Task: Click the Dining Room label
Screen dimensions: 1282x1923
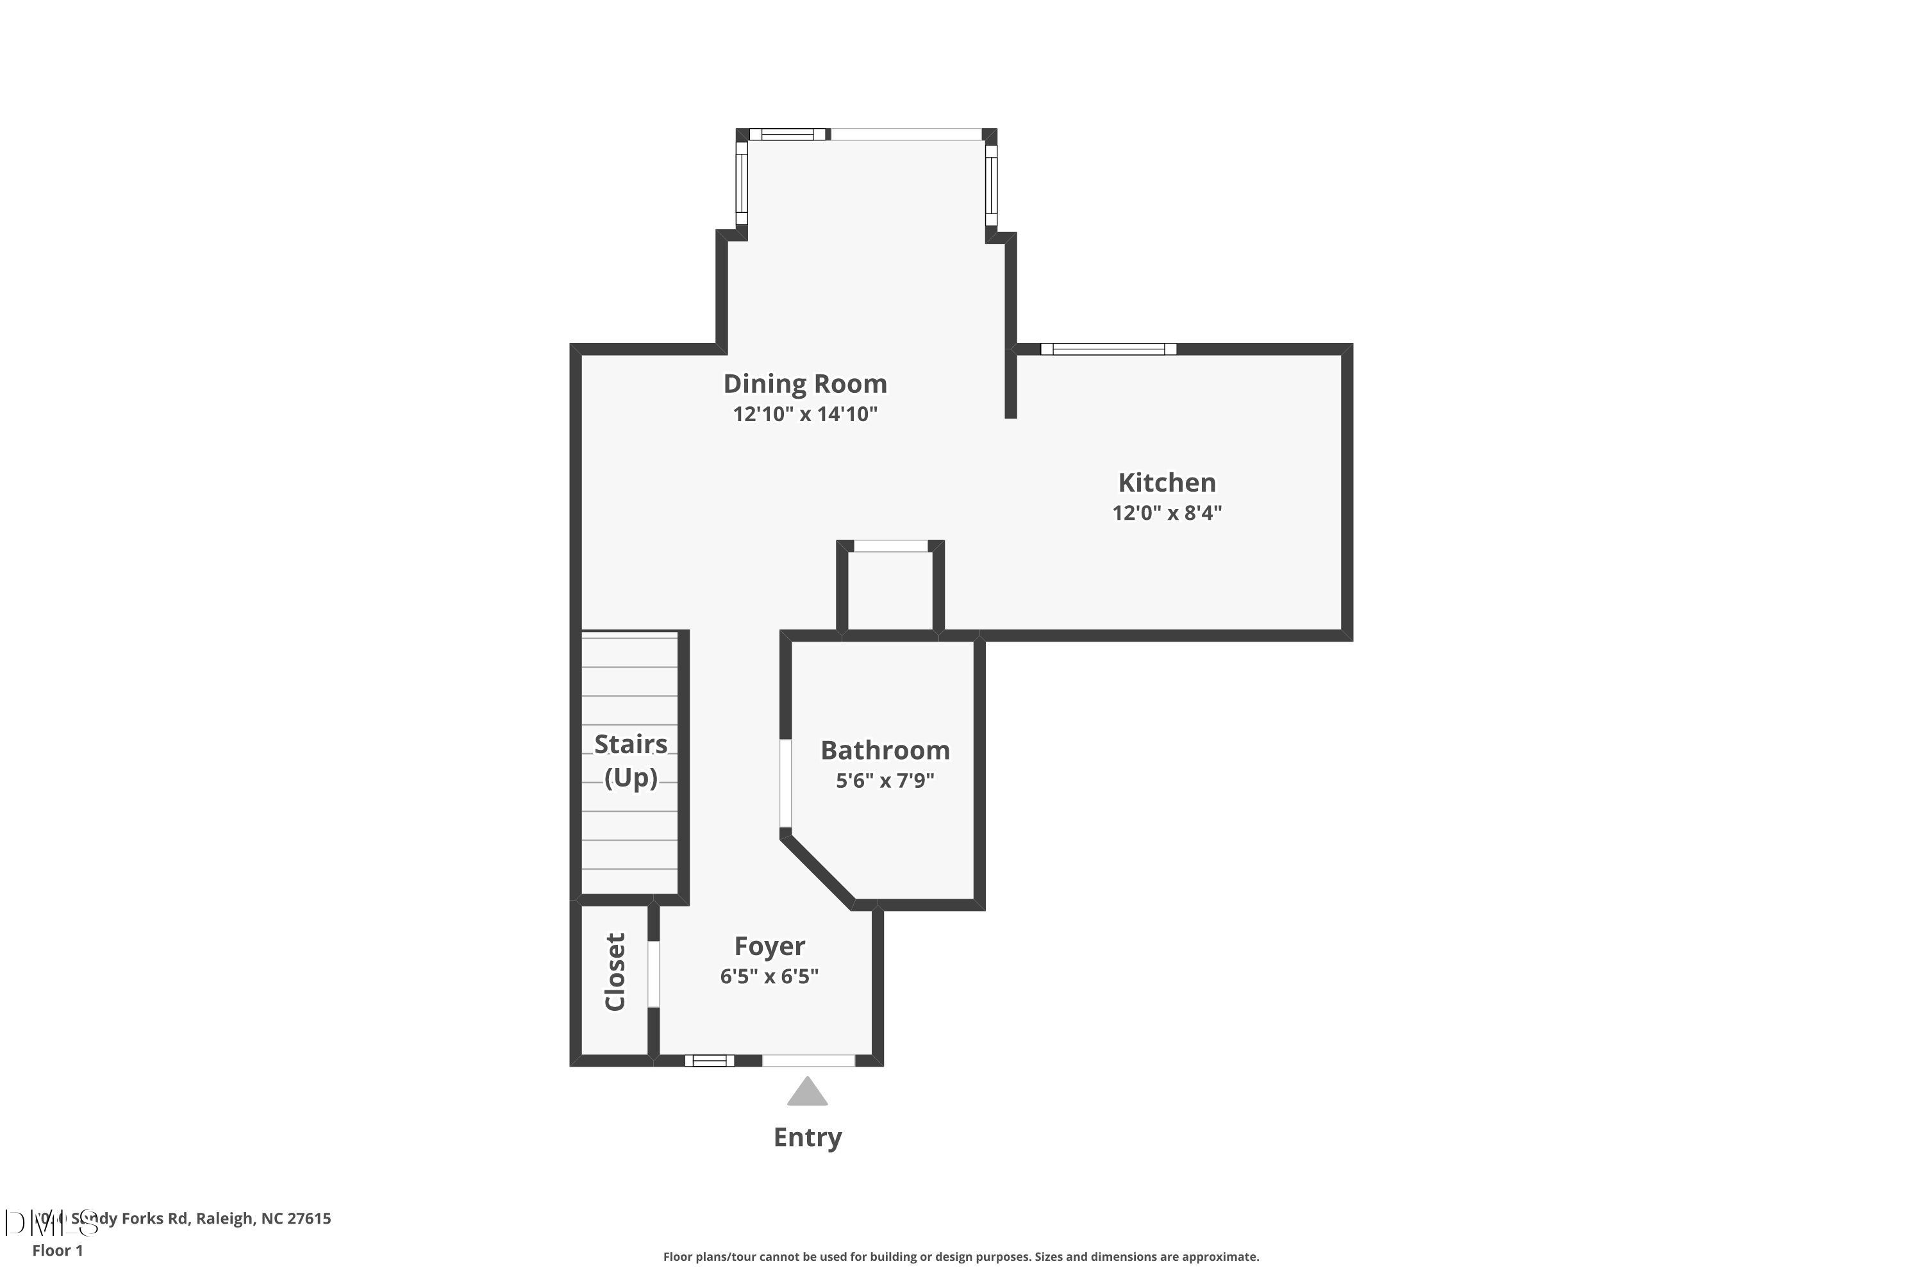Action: coord(804,383)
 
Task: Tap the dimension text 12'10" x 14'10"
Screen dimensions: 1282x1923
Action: coord(804,413)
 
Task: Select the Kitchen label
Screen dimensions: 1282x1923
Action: coord(1166,483)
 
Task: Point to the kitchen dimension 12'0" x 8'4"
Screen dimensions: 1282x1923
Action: coord(1166,513)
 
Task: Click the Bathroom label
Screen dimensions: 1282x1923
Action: coord(885,750)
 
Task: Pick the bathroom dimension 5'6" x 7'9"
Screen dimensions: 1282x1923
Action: coord(884,780)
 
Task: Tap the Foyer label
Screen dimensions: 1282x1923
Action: coord(769,946)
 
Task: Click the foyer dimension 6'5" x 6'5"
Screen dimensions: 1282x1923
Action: coord(769,976)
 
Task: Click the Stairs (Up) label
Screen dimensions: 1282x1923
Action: coord(630,760)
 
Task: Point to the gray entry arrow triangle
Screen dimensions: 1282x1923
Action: coord(807,1093)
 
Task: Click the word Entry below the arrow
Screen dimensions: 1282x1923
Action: coord(807,1137)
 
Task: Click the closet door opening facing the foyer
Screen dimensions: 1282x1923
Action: coord(653,974)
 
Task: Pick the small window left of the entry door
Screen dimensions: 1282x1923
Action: coord(709,1060)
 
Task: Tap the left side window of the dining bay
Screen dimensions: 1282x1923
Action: coord(742,183)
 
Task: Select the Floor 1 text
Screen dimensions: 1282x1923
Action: coord(57,1250)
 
